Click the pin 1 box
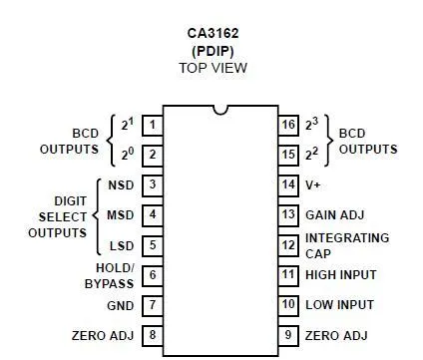click(153, 126)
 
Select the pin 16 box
click(288, 126)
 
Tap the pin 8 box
click(153, 335)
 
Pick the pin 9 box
click(288, 335)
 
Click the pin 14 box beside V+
click(288, 185)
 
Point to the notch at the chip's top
click(220, 110)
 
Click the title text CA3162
click(212, 33)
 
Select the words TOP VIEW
click(213, 68)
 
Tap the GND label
click(121, 306)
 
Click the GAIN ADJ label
click(335, 215)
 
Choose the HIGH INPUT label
click(341, 275)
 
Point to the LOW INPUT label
click(340, 305)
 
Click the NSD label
click(121, 185)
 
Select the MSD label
click(121, 215)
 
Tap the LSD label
click(122, 246)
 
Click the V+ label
click(312, 184)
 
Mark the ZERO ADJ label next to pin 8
click(103, 335)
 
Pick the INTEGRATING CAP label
click(347, 246)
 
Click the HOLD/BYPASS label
click(110, 276)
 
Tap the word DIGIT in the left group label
click(71, 201)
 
